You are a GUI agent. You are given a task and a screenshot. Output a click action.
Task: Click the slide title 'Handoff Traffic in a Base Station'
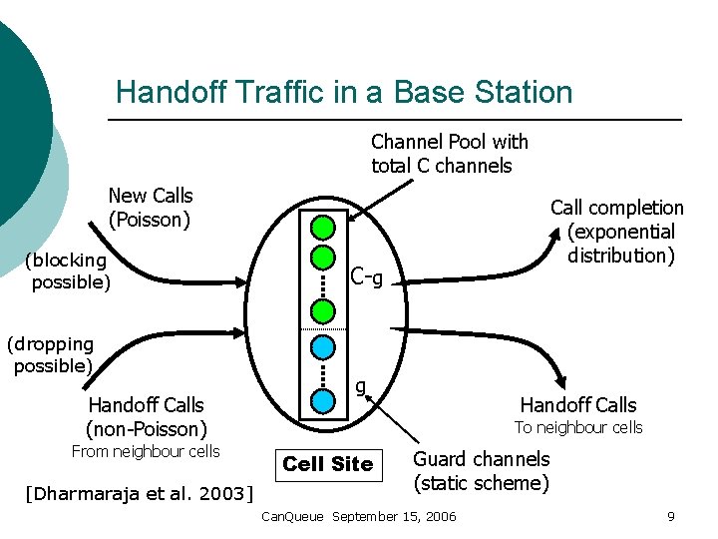[x=344, y=92]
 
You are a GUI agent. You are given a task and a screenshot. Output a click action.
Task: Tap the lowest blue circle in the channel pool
[x=322, y=401]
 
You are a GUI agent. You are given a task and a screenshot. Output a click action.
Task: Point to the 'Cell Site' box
[x=327, y=464]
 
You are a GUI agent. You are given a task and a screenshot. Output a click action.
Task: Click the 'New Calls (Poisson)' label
[x=150, y=207]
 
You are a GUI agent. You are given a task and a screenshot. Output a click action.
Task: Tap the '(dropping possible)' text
[x=52, y=354]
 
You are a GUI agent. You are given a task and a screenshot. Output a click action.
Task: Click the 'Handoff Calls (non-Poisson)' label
[x=146, y=417]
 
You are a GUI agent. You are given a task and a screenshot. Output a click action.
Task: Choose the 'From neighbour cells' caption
[x=146, y=451]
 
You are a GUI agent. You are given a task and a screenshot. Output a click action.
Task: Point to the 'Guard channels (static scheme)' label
[x=481, y=471]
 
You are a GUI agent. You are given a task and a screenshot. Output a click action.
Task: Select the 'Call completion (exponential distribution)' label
[x=617, y=232]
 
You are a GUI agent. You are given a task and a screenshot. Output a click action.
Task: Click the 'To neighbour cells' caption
[x=578, y=427]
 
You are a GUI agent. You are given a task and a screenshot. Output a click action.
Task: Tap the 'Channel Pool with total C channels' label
[x=449, y=154]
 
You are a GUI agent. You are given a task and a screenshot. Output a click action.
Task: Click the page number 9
[x=671, y=516]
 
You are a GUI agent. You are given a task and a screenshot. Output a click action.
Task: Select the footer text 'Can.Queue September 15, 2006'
[x=358, y=516]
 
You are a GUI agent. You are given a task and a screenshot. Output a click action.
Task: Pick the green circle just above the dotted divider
[x=322, y=310]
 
